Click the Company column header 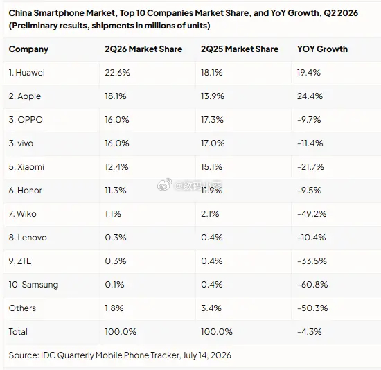click(28, 49)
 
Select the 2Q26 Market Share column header click(143, 49)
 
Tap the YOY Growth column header click(322, 49)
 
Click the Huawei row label click(27, 73)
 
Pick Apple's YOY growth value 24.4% click(310, 96)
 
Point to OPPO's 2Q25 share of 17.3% click(212, 120)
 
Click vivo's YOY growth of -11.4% click(310, 143)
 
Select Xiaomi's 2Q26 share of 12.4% click(116, 167)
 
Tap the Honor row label click(25, 191)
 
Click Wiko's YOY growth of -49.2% click(312, 214)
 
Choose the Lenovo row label click(28, 238)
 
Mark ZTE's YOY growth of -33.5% click(312, 261)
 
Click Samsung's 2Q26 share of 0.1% click(114, 285)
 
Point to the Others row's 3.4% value click(211, 308)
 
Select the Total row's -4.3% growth click(310, 332)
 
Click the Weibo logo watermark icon click(164, 184)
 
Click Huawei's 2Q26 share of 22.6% click(117, 73)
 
